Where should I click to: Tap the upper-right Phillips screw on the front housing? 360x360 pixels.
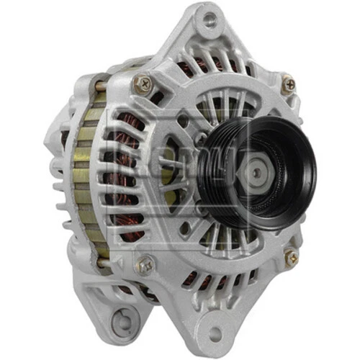[288, 84]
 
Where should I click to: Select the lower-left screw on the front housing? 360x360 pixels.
[145, 264]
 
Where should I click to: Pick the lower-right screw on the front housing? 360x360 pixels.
[291, 256]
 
